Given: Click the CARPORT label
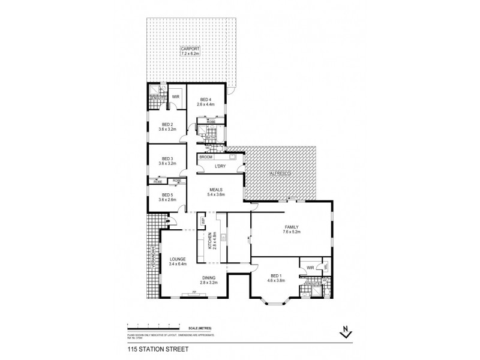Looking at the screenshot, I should pyautogui.click(x=190, y=50).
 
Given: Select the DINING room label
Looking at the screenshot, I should pyautogui.click(x=209, y=278).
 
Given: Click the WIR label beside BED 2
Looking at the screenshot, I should pyautogui.click(x=176, y=95).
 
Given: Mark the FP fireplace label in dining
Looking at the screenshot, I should pyautogui.click(x=193, y=292).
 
